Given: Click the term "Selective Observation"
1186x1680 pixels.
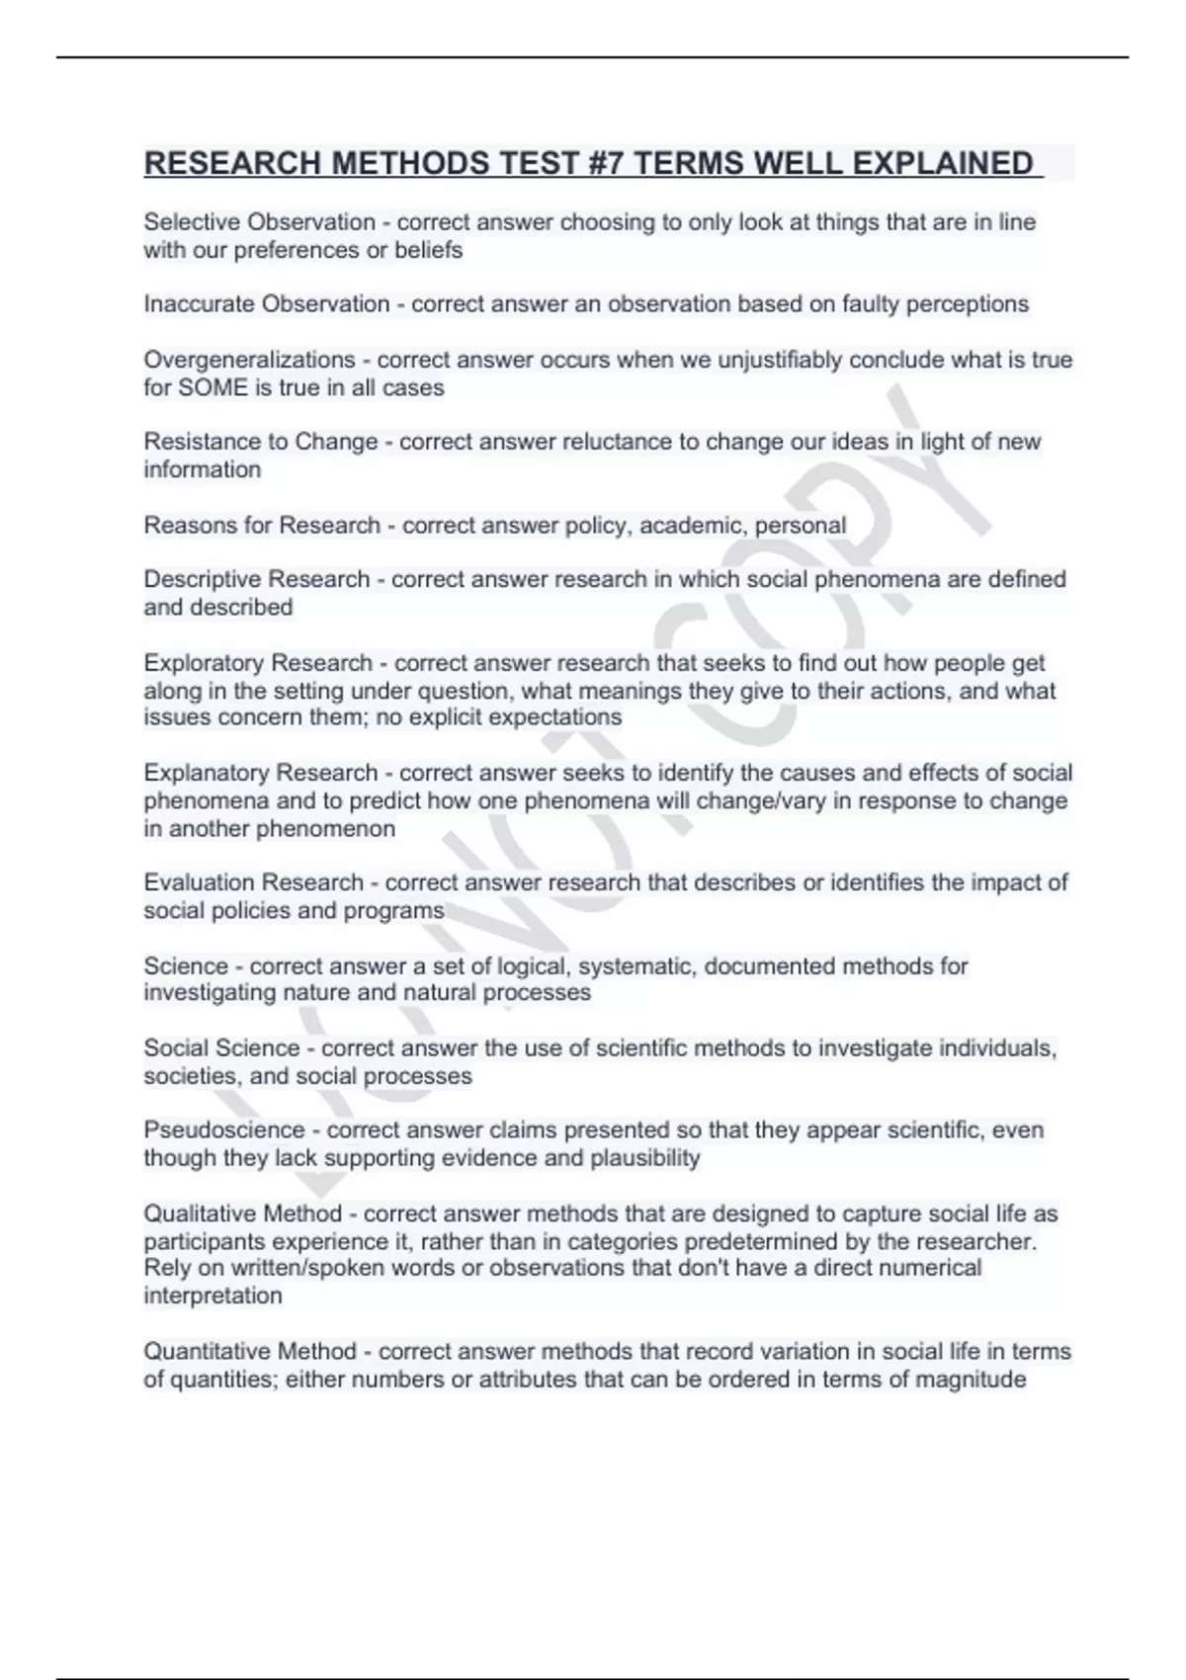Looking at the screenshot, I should pos(260,222).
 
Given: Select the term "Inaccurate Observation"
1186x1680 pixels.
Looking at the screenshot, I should pos(267,304).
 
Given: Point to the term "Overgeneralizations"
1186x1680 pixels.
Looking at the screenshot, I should pos(249,360).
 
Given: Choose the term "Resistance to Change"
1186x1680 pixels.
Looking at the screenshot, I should pos(261,442).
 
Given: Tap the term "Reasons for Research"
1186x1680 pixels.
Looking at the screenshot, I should pos(262,525).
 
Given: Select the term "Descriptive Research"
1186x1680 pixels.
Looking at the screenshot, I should pos(257,579).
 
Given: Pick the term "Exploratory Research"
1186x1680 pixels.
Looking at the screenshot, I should pos(258,663).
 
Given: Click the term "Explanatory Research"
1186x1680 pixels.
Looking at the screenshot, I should pos(261,773).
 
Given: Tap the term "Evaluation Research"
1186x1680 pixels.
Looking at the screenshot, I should pos(254,882).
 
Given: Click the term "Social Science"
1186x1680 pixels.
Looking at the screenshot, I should pos(221,1048).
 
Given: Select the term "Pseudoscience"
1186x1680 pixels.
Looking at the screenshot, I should pos(224,1131).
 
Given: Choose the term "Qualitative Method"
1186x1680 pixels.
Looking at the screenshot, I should pos(243,1214).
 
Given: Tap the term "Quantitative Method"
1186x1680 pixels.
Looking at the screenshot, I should pos(250,1352).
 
